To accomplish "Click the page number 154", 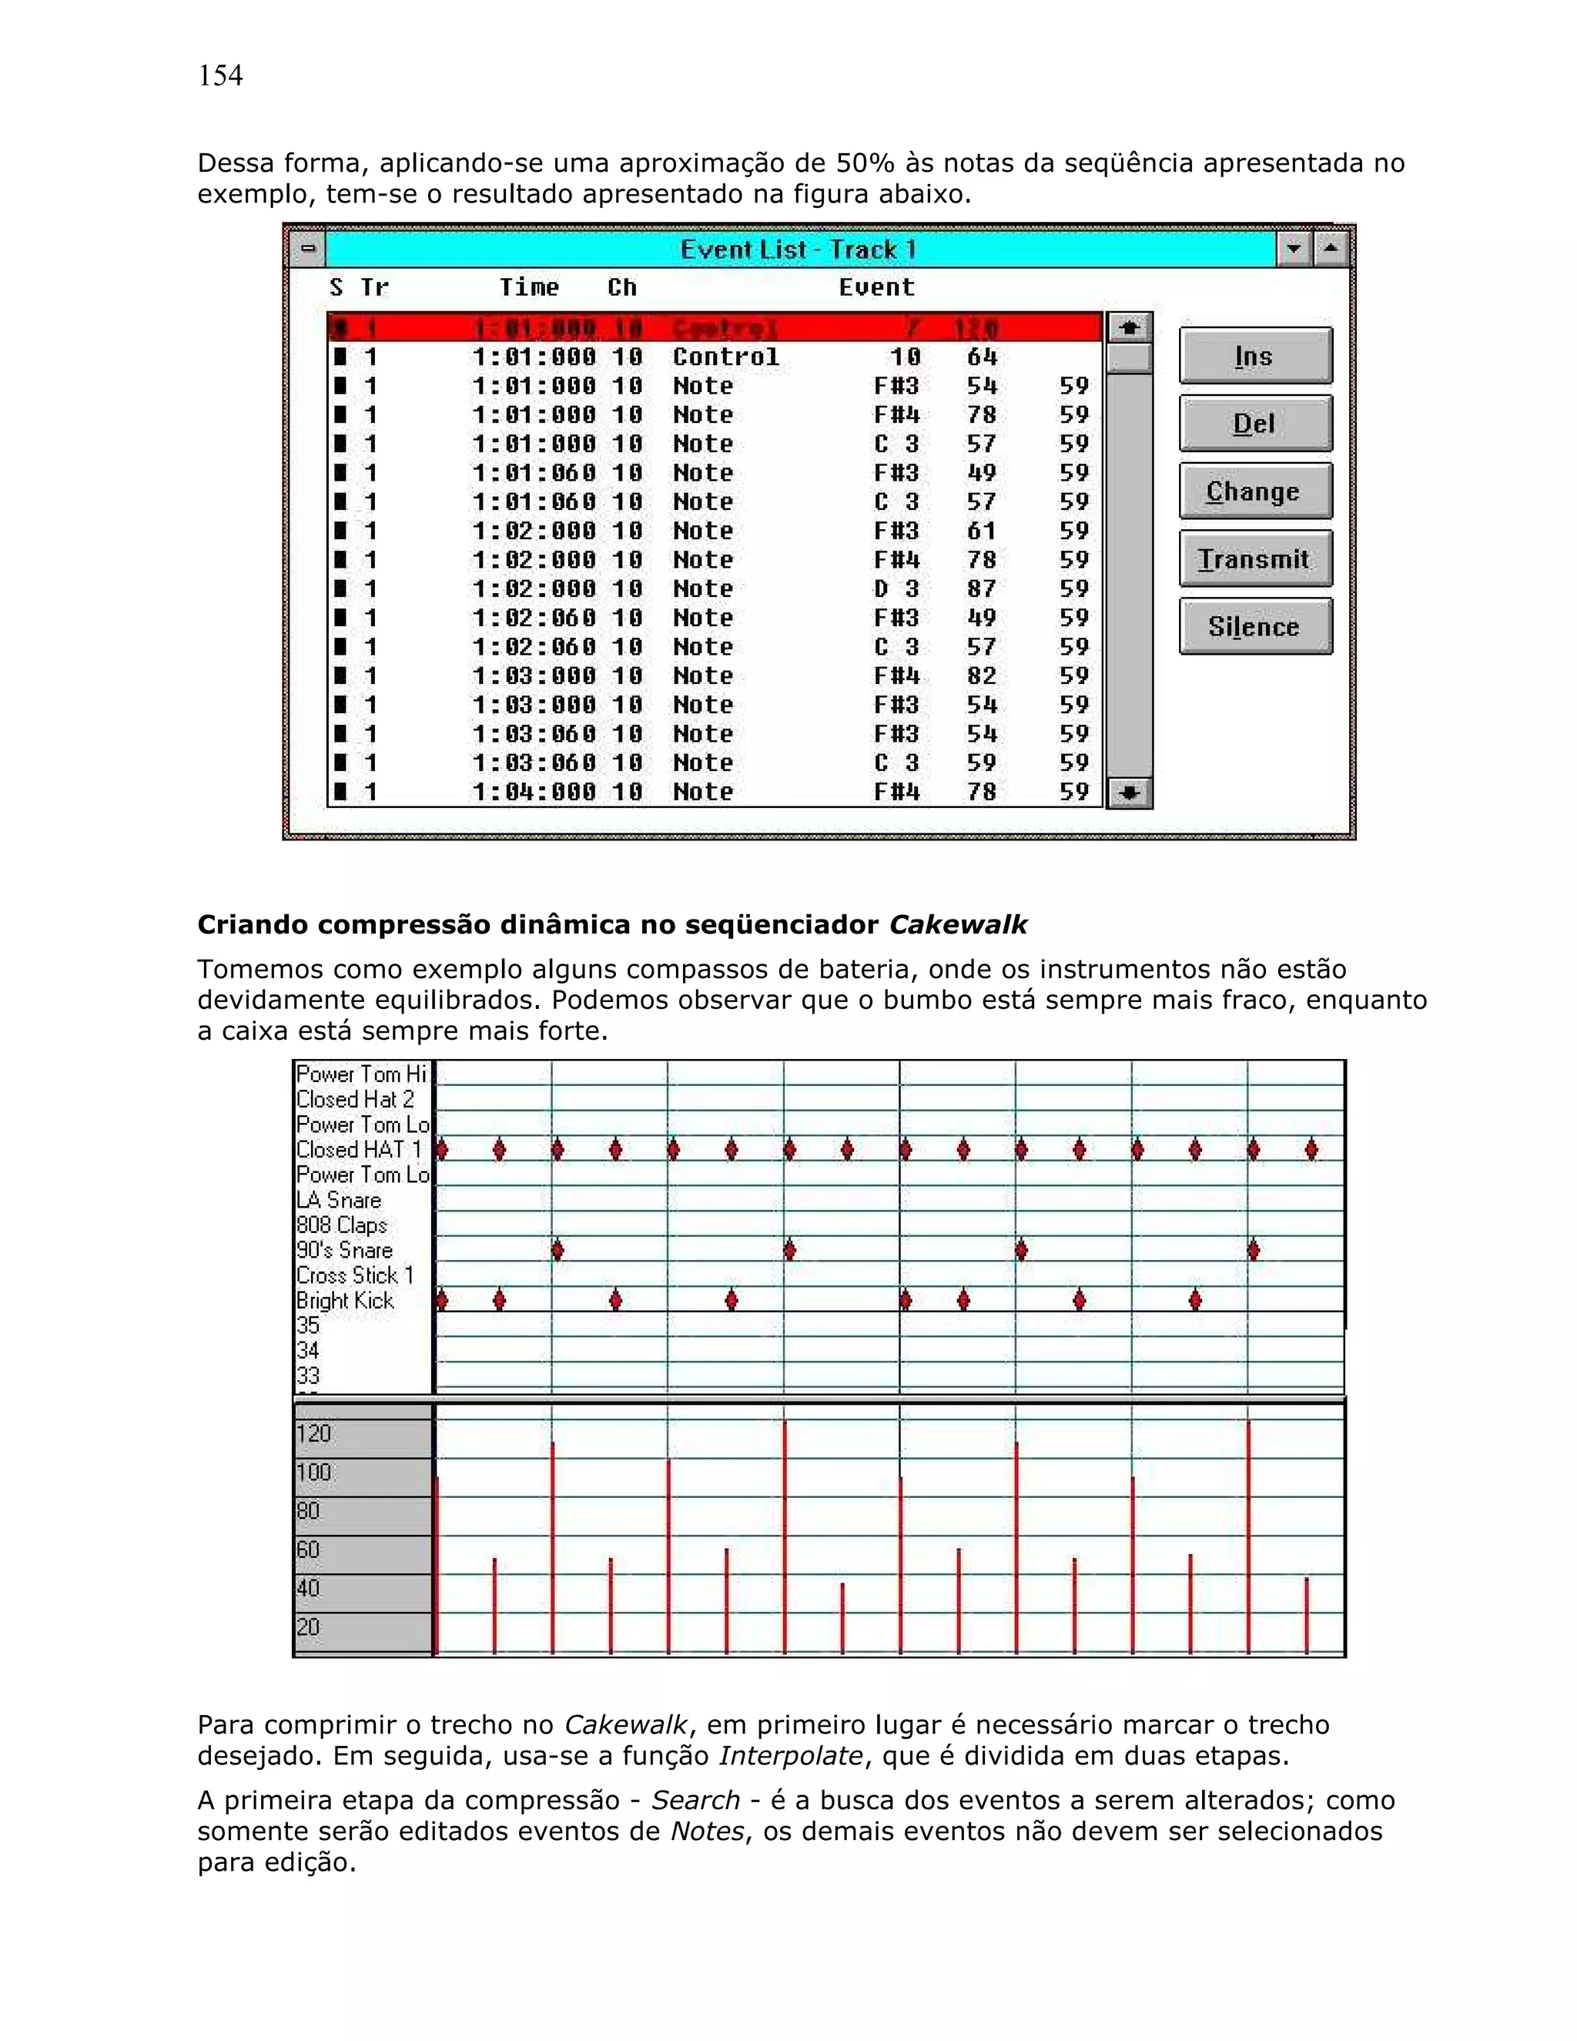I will point(220,75).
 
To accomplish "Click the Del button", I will point(1254,424).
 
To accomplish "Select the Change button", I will point(1254,491).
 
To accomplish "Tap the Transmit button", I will point(1254,559).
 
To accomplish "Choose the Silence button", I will point(1254,627).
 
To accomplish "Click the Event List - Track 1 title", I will point(798,250).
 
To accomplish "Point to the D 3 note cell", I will point(896,588).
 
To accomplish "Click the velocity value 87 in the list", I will point(982,588).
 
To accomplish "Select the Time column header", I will point(529,287).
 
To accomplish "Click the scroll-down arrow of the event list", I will point(1130,793).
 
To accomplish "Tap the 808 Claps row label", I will point(341,1225).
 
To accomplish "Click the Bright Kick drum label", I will point(345,1301).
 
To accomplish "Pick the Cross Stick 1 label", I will point(354,1275).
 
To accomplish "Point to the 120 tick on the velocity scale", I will point(314,1433).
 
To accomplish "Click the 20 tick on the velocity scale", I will point(308,1627).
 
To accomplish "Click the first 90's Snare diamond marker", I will point(557,1250).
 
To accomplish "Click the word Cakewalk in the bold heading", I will point(958,925).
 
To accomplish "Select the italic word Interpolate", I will point(790,1756).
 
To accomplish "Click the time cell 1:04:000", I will point(534,793).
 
